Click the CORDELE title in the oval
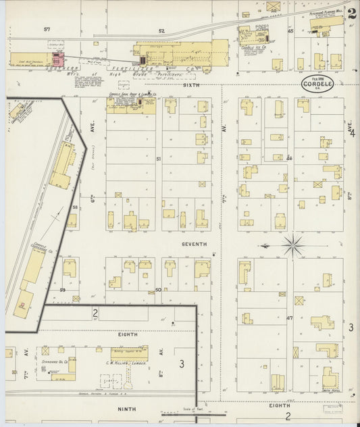point(317,86)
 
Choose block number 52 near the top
point(161,30)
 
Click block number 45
point(290,31)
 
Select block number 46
point(289,158)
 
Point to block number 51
point(159,158)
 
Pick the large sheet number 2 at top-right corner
point(353,12)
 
